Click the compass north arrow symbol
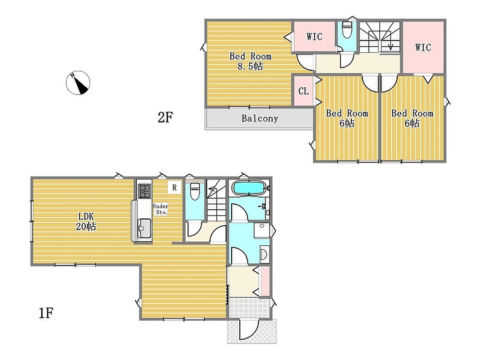(78, 83)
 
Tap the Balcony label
(260, 118)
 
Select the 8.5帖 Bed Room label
(251, 61)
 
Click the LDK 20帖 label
(86, 221)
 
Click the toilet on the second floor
(347, 30)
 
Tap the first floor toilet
(194, 191)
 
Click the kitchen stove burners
(144, 191)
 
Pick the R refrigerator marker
(175, 187)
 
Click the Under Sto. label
(161, 209)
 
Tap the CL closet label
(303, 91)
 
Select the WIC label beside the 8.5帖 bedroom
(314, 36)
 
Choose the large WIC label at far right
(423, 47)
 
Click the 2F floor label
(165, 117)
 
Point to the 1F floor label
(46, 313)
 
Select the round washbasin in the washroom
(264, 254)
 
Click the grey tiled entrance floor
(250, 308)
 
